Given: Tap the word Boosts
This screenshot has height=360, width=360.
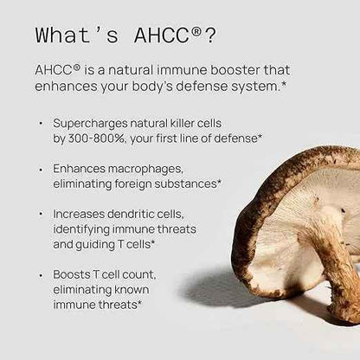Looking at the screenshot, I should point(74,274).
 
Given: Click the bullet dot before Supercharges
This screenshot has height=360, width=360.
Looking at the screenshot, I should point(41,124).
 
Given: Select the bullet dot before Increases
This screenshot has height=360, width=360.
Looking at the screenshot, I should point(41,215).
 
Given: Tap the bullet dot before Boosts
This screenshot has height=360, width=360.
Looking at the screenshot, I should point(41,274).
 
